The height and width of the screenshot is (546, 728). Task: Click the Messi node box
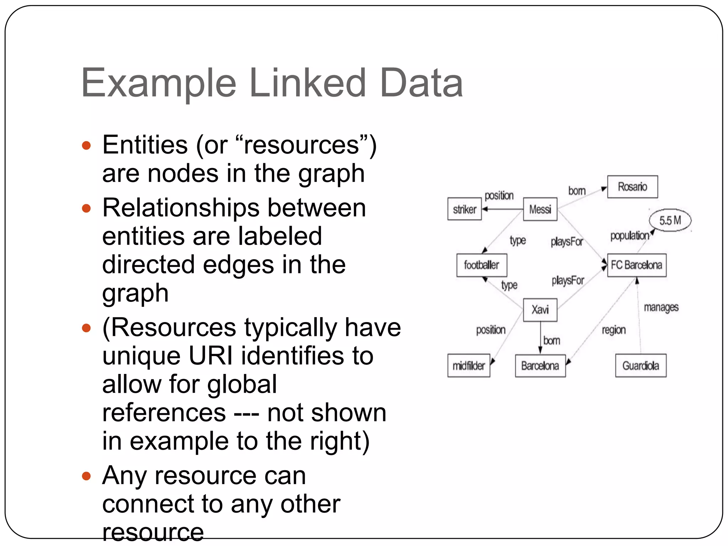[x=540, y=209]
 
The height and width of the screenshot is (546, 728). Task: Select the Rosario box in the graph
[x=632, y=187]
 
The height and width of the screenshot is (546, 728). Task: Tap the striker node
[x=464, y=209]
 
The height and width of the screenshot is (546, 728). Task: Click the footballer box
[x=481, y=265]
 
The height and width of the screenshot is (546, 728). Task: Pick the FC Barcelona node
[x=636, y=265]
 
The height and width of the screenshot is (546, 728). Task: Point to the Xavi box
[x=540, y=310]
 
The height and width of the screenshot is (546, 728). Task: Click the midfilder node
[x=469, y=365]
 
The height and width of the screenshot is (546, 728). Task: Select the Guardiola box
[x=641, y=365]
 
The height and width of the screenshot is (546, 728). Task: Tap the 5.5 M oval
[x=670, y=220]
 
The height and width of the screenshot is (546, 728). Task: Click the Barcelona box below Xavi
[x=540, y=365]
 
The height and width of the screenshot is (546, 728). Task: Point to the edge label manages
[x=661, y=307]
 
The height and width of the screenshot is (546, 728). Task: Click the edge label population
[x=630, y=236]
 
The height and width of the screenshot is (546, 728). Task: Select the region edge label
[x=614, y=330]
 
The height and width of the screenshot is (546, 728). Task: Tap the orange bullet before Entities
[x=86, y=145]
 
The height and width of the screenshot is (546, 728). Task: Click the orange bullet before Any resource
[x=86, y=476]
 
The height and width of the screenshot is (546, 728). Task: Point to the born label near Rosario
[x=577, y=191]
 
